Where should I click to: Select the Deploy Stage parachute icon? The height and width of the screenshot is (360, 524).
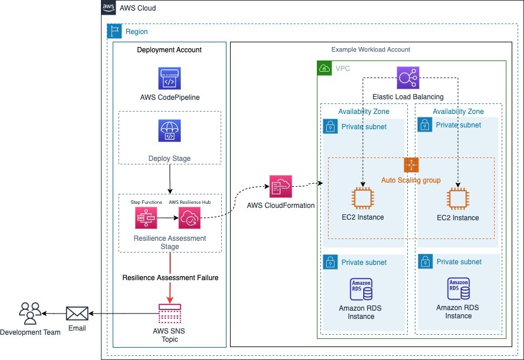[x=170, y=131]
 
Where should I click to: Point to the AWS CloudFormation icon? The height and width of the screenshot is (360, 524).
[x=280, y=186]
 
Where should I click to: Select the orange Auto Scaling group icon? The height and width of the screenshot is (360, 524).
[x=411, y=164]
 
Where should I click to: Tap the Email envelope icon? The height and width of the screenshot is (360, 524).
[x=77, y=314]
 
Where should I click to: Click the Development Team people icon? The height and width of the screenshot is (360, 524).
[x=30, y=314]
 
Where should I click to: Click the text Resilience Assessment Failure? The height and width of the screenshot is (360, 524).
[x=170, y=277]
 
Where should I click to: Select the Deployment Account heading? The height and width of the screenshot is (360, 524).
[x=170, y=50]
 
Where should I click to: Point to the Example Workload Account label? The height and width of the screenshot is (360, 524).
[x=370, y=50]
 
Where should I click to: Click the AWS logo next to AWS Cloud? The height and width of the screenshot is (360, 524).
[x=108, y=8]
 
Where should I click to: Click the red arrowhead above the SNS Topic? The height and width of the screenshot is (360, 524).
[x=170, y=300]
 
